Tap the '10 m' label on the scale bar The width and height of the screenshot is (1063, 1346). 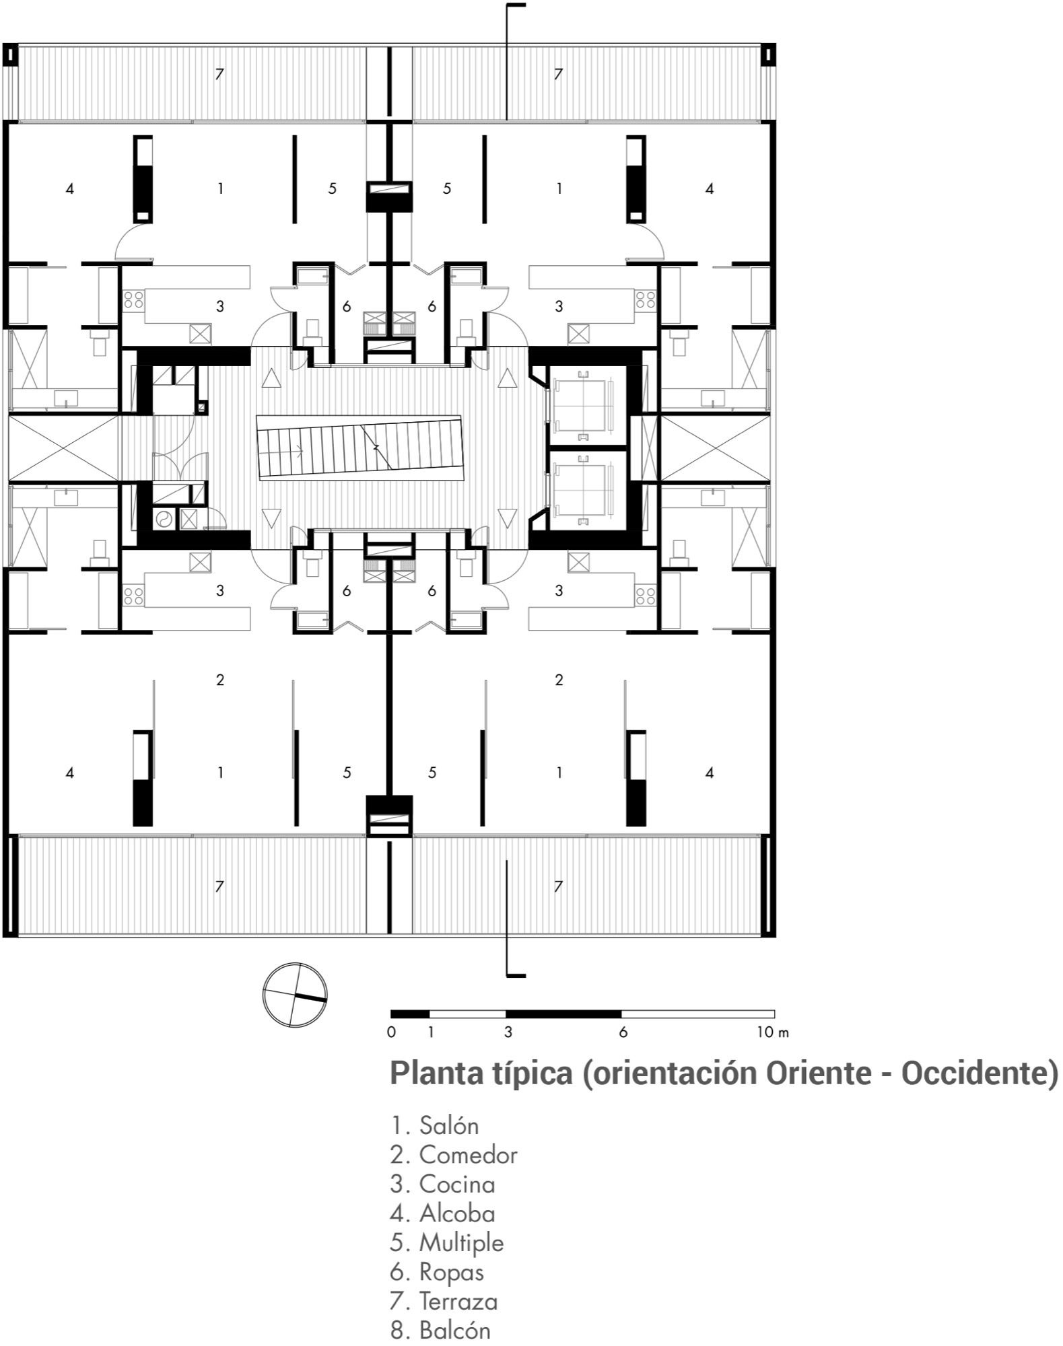click(772, 1032)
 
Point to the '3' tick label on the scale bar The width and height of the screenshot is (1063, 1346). click(508, 1032)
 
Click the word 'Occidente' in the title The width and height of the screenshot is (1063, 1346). click(974, 1073)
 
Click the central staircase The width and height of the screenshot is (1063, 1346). click(359, 448)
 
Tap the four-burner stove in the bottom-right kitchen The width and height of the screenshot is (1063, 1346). click(646, 595)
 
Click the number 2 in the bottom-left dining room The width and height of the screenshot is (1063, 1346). click(220, 680)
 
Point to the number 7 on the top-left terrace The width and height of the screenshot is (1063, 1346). click(219, 74)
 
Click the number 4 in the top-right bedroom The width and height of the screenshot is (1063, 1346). click(710, 189)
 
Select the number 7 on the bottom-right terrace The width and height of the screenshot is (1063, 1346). click(558, 887)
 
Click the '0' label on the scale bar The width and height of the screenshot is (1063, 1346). click(391, 1032)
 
